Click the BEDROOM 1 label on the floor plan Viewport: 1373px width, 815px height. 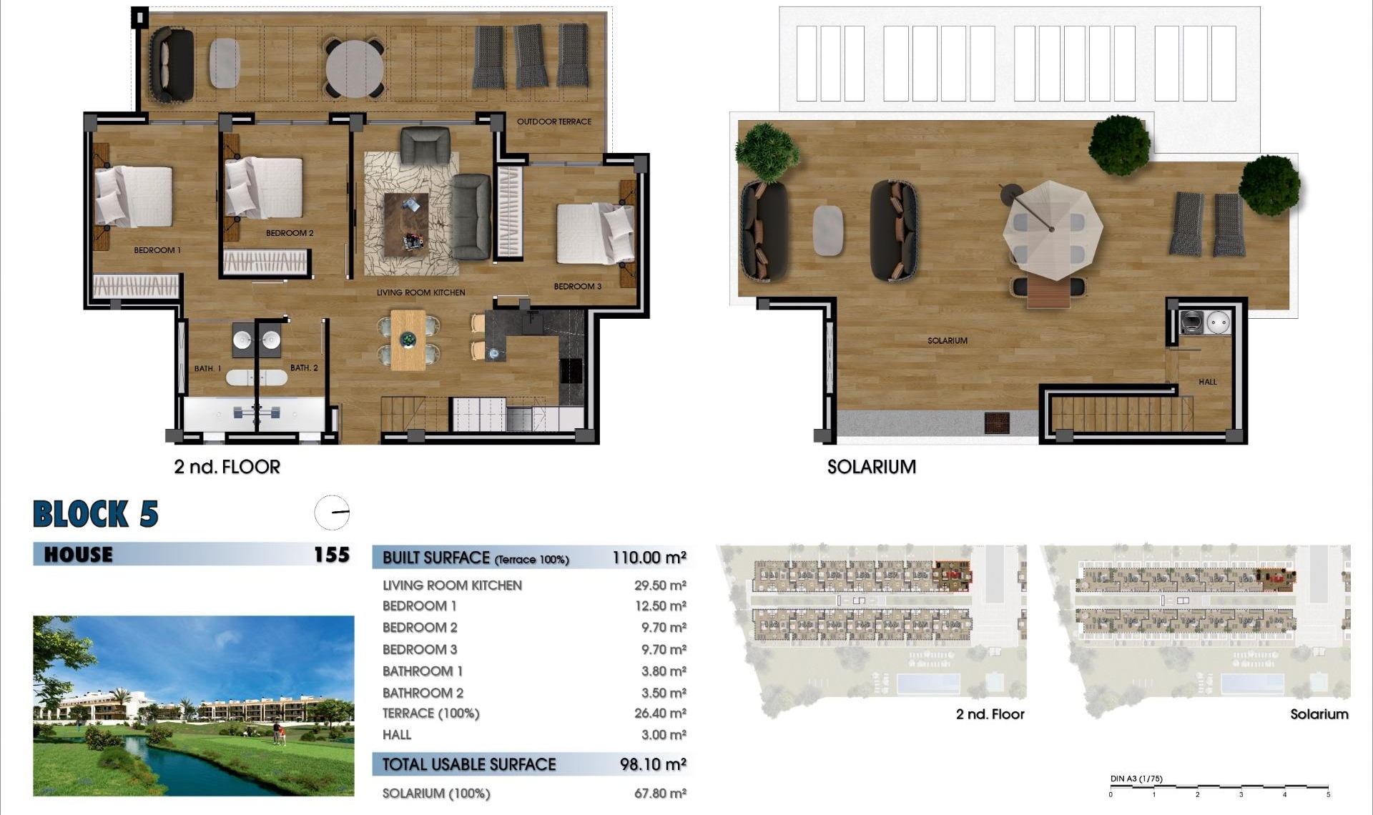coord(157,250)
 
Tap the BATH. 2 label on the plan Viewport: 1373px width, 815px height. coord(304,368)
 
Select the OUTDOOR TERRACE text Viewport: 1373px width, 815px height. coord(554,122)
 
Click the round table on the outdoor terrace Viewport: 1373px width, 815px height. coord(355,69)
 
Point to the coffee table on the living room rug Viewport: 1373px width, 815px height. coord(406,224)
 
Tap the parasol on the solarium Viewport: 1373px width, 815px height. coord(1051,229)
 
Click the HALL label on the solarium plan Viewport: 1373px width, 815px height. coord(1207,382)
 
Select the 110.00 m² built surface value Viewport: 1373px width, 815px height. coord(649,558)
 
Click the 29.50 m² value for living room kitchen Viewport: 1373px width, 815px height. coord(659,586)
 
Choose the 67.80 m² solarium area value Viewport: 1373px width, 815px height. coord(659,794)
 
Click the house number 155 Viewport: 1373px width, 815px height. coord(332,555)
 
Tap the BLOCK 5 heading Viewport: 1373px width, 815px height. coord(96,514)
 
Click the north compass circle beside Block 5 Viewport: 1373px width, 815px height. coord(333,513)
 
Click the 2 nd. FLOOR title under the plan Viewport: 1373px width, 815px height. coord(227,467)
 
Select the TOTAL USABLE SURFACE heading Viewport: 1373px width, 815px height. coord(468,764)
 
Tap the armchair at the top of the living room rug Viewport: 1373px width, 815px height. coord(425,145)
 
